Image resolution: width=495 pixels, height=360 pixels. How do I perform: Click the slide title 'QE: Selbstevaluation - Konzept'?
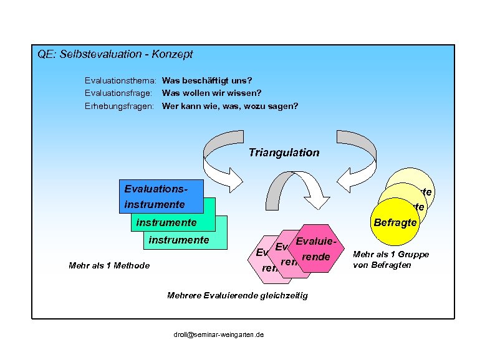115,54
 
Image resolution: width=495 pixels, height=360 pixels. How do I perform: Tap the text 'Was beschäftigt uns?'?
207,81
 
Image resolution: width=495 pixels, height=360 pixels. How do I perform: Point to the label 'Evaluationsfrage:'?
120,93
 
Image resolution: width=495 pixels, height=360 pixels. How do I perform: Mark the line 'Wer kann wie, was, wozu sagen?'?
230,106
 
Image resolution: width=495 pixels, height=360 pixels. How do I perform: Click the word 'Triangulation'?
284,153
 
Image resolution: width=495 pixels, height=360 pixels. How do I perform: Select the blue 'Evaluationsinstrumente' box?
160,196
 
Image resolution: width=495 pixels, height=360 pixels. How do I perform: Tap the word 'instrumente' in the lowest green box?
178,239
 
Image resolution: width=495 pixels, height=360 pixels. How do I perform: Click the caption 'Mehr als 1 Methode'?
109,266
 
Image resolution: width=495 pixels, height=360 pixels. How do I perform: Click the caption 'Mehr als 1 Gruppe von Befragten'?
391,259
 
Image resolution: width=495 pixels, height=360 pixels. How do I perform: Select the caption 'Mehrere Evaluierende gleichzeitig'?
238,295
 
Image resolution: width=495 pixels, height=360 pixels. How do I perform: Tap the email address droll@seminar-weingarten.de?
218,334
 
